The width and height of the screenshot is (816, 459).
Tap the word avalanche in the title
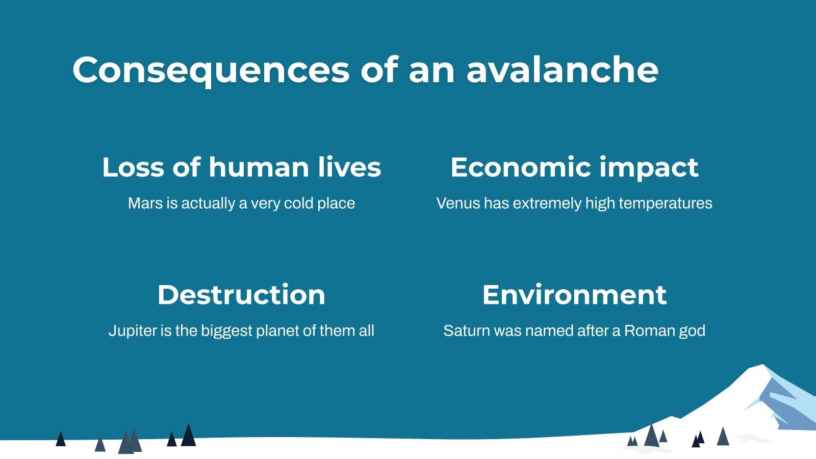coord(562,70)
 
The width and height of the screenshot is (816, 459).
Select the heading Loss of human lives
coord(241,167)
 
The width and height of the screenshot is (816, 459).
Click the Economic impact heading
coord(574,167)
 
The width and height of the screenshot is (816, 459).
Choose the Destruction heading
coord(241,295)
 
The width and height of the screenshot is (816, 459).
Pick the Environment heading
coord(574,295)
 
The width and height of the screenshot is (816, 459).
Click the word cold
coord(298,203)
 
